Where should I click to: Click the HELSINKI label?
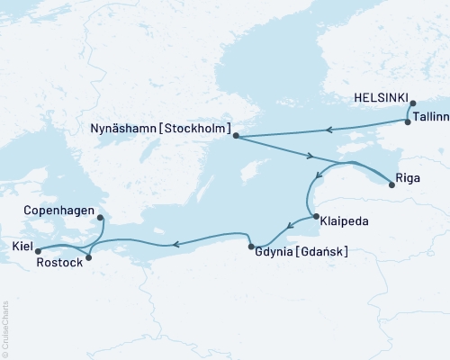[382, 98]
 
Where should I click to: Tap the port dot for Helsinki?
[412, 103]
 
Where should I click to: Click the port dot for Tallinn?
[409, 121]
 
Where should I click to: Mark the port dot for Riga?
[391, 185]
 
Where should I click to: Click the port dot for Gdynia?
[250, 246]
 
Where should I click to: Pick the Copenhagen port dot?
[99, 217]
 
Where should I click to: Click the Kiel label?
[19, 245]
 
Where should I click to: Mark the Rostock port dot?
[87, 257]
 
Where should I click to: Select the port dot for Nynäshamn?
[236, 136]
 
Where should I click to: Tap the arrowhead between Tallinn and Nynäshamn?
[330, 129]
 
